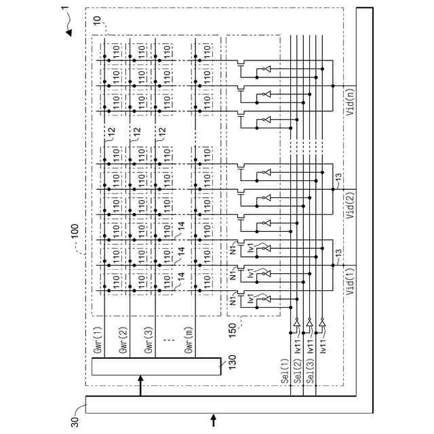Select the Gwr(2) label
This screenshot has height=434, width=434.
(x=123, y=338)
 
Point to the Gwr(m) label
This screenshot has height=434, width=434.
(x=189, y=338)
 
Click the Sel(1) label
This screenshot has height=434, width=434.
(x=285, y=372)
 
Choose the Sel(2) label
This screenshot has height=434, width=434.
(x=298, y=372)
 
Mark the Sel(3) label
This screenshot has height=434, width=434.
(x=312, y=372)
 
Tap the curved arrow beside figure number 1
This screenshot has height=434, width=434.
(x=71, y=29)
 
